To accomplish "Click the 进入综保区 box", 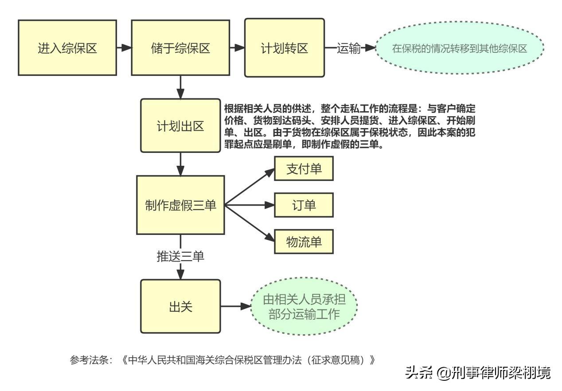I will coord(67,48).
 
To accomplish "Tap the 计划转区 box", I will coord(284,47).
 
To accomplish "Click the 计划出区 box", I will coord(180,125).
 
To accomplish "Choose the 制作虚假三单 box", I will coord(180,205).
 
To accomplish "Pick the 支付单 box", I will coord(304,170).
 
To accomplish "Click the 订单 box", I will coord(304,205).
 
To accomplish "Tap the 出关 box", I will coord(180,306).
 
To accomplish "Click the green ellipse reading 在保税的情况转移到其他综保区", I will coord(460,48).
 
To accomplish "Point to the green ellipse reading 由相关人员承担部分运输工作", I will coord(304,306).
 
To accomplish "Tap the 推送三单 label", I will coord(180,256).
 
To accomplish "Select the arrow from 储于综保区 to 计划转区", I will coord(237,47).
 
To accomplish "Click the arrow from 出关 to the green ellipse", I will coord(236,306).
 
